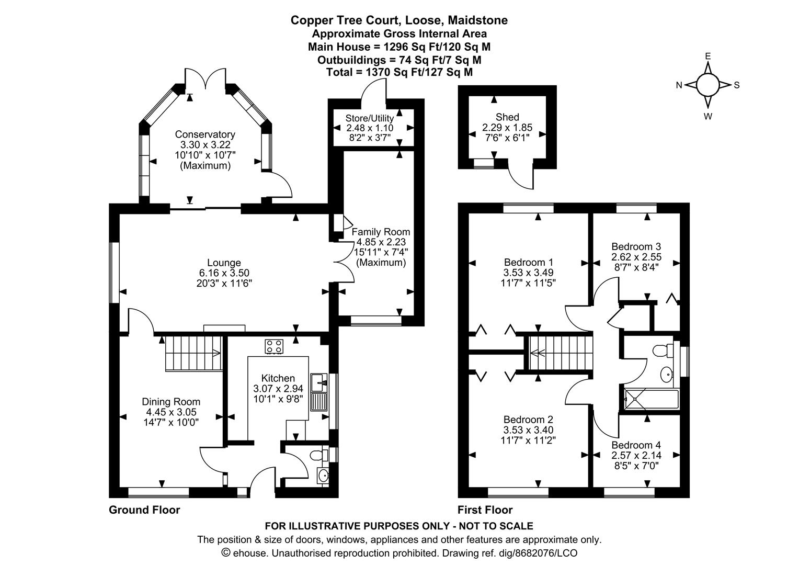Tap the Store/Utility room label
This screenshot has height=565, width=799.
pyautogui.click(x=370, y=118)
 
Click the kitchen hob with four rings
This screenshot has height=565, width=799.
pyautogui.click(x=275, y=346)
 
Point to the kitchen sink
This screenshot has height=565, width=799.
pyautogui.click(x=318, y=383)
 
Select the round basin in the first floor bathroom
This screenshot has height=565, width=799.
pyautogui.click(x=667, y=374)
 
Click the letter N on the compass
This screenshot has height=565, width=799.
pyautogui.click(x=679, y=85)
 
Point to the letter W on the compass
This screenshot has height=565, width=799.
pyautogui.click(x=708, y=117)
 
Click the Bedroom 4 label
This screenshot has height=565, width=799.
pyautogui.click(x=636, y=445)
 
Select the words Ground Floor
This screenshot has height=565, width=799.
pyautogui.click(x=144, y=510)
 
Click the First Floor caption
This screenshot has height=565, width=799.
pyautogui.click(x=485, y=510)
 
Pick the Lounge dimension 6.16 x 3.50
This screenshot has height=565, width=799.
pyautogui.click(x=224, y=273)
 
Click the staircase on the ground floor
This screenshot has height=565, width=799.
pyautogui.click(x=193, y=353)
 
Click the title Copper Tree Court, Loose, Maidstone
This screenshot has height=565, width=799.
pyautogui.click(x=399, y=20)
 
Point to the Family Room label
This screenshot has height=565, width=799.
pyautogui.click(x=381, y=232)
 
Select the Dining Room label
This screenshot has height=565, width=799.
pyautogui.click(x=171, y=402)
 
